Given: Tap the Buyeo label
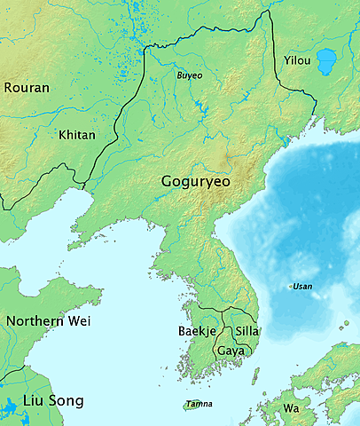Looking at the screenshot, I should (189, 75).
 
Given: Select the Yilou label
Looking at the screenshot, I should (297, 60).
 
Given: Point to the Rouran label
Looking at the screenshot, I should (27, 88).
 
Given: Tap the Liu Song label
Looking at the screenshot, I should (53, 401).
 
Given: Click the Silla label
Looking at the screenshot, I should (247, 332).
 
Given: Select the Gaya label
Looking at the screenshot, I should (231, 351).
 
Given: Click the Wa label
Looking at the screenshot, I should (291, 409).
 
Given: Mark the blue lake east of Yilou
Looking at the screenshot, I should (326, 61).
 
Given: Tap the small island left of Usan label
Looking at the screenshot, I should (292, 286).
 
